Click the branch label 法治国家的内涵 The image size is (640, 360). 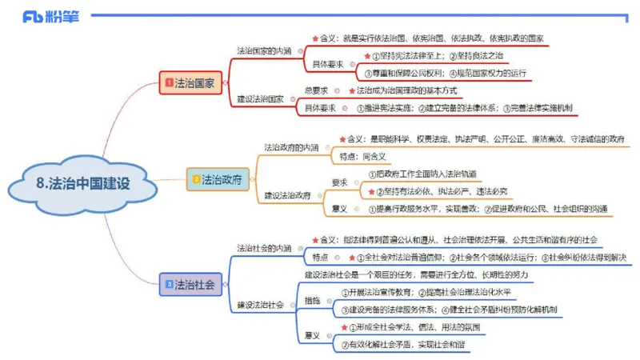(x=264, y=50)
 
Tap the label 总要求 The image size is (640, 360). (x=317, y=90)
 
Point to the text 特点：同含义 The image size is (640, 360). (x=362, y=156)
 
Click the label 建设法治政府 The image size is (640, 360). (x=288, y=194)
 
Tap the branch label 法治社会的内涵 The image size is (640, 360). (x=264, y=248)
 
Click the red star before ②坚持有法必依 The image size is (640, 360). (x=370, y=191)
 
